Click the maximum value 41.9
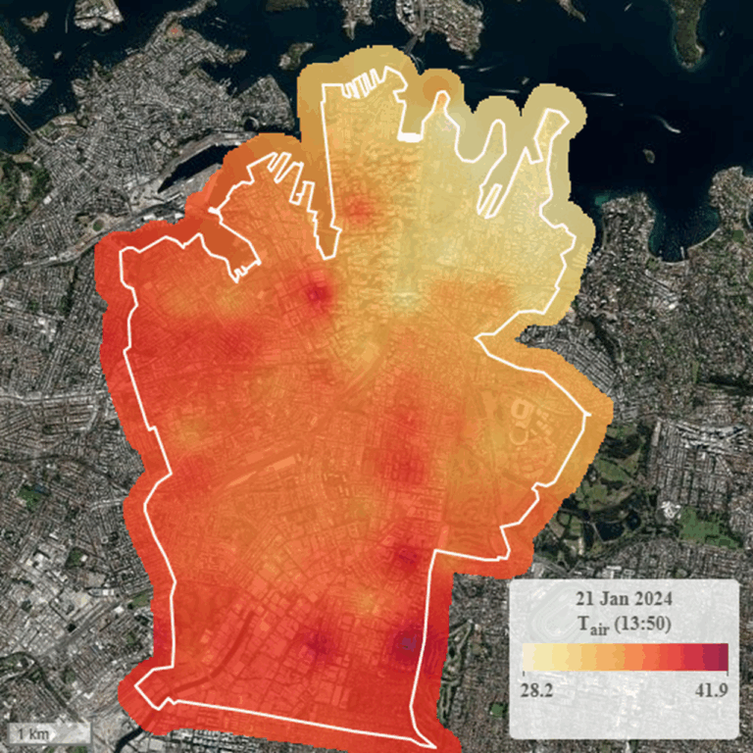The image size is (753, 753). pyautogui.click(x=710, y=690)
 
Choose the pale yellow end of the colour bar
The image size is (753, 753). pyautogui.click(x=529, y=656)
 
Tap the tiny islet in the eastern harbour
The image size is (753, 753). pyautogui.click(x=648, y=155)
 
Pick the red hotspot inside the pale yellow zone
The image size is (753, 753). pyautogui.click(x=361, y=208)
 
